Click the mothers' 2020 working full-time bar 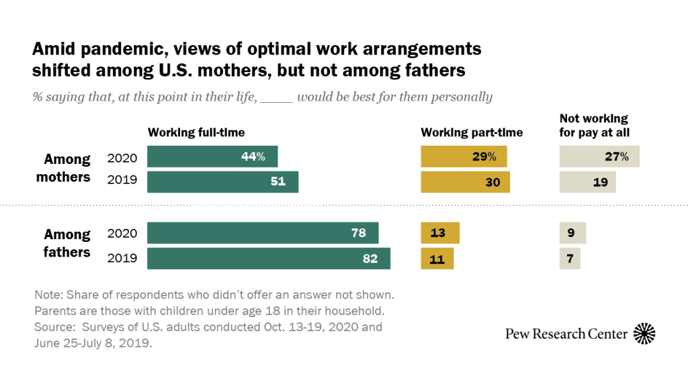pos(212,157)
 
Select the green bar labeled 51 pos(222,181)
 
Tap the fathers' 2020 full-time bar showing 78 pos(263,233)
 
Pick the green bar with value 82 pos(269,258)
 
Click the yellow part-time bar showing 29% pos(464,157)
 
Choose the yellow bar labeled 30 pos(465,181)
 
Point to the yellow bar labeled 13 pos(440,233)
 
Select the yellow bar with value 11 pos(437,258)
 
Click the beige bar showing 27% pos(599,157)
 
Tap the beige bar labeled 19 pos(587,181)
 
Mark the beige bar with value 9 pos(573,233)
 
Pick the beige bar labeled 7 pos(570,258)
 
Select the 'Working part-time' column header pos(472,132)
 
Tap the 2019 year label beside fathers pos(122,258)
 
